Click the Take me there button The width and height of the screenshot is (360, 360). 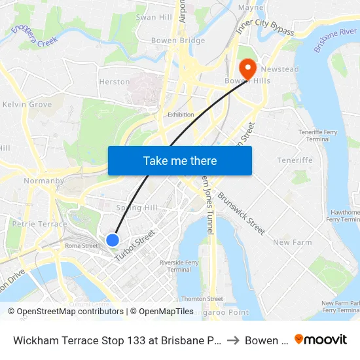click(180, 160)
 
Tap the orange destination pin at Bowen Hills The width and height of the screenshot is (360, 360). click(248, 68)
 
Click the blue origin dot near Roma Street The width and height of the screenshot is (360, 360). click(113, 240)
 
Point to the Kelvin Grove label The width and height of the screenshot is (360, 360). click(27, 104)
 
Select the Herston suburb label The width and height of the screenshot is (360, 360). click(114, 82)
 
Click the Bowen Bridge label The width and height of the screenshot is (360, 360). click(177, 41)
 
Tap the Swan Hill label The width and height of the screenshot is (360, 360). click(154, 17)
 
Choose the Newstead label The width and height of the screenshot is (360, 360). click(279, 69)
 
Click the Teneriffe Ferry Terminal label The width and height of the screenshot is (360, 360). click(318, 135)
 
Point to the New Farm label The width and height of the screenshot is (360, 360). click(292, 242)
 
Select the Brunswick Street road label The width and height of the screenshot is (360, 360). click(242, 213)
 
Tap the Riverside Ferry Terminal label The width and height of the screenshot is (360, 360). click(179, 266)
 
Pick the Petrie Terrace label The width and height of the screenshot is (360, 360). click(39, 224)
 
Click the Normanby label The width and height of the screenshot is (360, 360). click(43, 181)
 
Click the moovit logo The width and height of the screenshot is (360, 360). click(321, 340)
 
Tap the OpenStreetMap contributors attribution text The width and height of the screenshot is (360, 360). click(70, 312)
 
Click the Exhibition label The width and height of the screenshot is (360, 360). click(181, 115)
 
